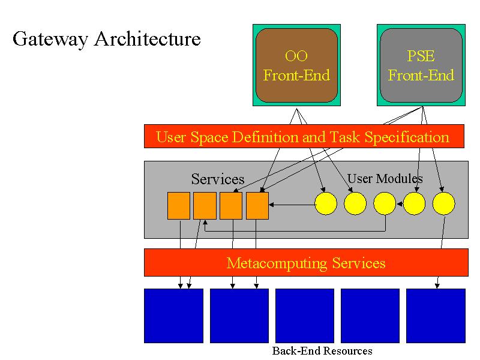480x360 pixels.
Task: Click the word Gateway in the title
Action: [50, 40]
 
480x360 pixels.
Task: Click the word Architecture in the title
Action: [147, 39]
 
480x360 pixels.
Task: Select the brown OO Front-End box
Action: [296, 65]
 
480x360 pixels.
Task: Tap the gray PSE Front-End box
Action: [421, 65]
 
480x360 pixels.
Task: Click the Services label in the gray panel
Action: [218, 179]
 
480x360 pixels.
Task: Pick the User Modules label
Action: [385, 178]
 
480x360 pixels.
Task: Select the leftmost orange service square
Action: [178, 206]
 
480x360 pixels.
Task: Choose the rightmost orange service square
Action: [257, 206]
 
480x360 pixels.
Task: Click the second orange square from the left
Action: [205, 206]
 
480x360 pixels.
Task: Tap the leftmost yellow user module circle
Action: [326, 203]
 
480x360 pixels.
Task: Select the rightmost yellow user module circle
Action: [443, 203]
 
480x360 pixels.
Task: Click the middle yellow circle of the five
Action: [385, 203]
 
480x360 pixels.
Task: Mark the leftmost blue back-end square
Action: [173, 316]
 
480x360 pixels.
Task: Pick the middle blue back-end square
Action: [305, 316]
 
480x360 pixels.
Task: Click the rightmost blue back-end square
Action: [436, 316]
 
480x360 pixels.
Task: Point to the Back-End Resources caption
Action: [322, 351]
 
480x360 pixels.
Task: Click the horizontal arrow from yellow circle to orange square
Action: [292, 205]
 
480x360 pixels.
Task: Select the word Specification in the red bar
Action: [407, 137]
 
